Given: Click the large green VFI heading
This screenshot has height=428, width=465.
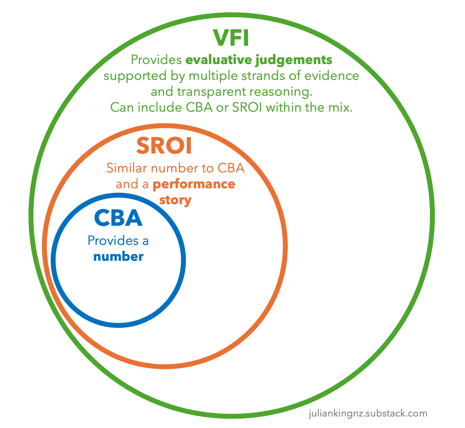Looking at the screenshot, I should pos(231,38).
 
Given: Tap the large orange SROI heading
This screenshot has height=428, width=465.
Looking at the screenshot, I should pos(164,146).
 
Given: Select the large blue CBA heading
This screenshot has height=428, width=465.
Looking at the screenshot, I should pos(118,218).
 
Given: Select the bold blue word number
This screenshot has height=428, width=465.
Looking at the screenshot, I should pos(118,257).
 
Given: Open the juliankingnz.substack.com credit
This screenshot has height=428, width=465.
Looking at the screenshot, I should pos(368,413).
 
